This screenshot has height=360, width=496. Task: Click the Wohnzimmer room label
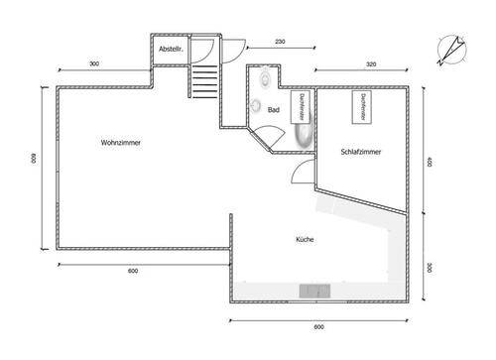coord(120,144)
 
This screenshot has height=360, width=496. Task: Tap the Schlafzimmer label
coord(360,152)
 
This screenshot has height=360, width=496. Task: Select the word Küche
coord(305,240)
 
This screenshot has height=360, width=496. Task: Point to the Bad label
coord(272,111)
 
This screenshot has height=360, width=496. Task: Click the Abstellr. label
coord(171,50)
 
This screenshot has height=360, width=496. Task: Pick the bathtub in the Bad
coord(301,135)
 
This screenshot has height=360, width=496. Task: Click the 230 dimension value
coord(280,42)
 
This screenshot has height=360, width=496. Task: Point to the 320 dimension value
coord(370,63)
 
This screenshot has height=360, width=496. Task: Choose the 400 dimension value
coord(428,163)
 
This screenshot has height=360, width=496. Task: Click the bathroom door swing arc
coord(266,136)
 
